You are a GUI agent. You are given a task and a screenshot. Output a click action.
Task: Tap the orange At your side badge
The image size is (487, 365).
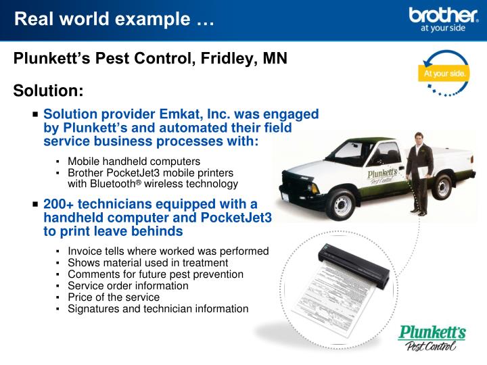(x=444, y=73)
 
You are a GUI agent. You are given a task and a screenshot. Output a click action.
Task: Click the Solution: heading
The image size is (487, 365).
(x=49, y=90)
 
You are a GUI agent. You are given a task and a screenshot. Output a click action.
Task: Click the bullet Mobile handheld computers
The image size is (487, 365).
(x=133, y=162)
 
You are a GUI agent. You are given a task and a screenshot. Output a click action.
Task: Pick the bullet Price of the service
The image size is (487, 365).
(x=113, y=297)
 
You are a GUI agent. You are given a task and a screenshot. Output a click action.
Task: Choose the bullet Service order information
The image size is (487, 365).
(x=128, y=286)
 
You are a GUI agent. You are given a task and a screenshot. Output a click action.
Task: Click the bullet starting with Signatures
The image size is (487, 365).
(x=158, y=308)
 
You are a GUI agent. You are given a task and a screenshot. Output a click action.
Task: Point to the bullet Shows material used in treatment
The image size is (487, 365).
(x=147, y=263)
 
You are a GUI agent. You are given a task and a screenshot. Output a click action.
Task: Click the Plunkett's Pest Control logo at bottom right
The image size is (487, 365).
(x=431, y=338)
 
